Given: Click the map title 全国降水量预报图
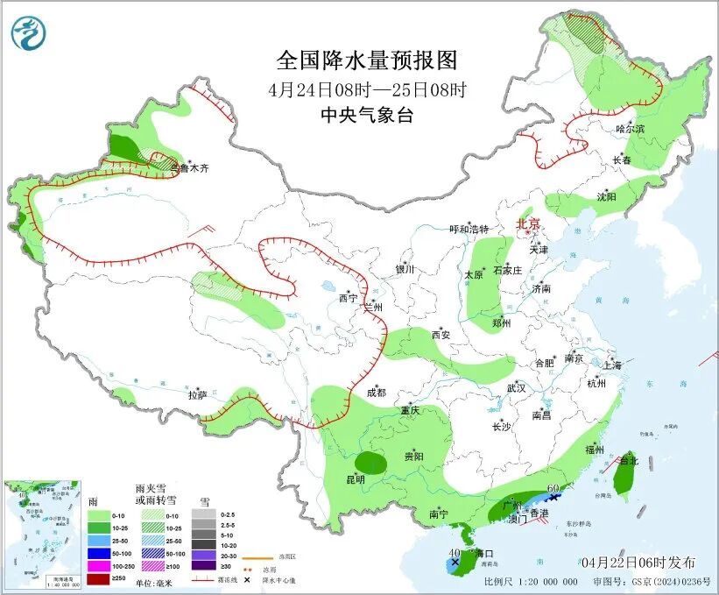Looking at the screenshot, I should [367, 60].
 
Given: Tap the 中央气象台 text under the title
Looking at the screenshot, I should [366, 115].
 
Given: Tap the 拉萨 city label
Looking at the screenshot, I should [197, 395].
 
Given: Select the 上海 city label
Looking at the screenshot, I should [612, 365].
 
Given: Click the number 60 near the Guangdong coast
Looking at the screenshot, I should [553, 487].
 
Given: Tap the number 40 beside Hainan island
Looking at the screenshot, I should [454, 553].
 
